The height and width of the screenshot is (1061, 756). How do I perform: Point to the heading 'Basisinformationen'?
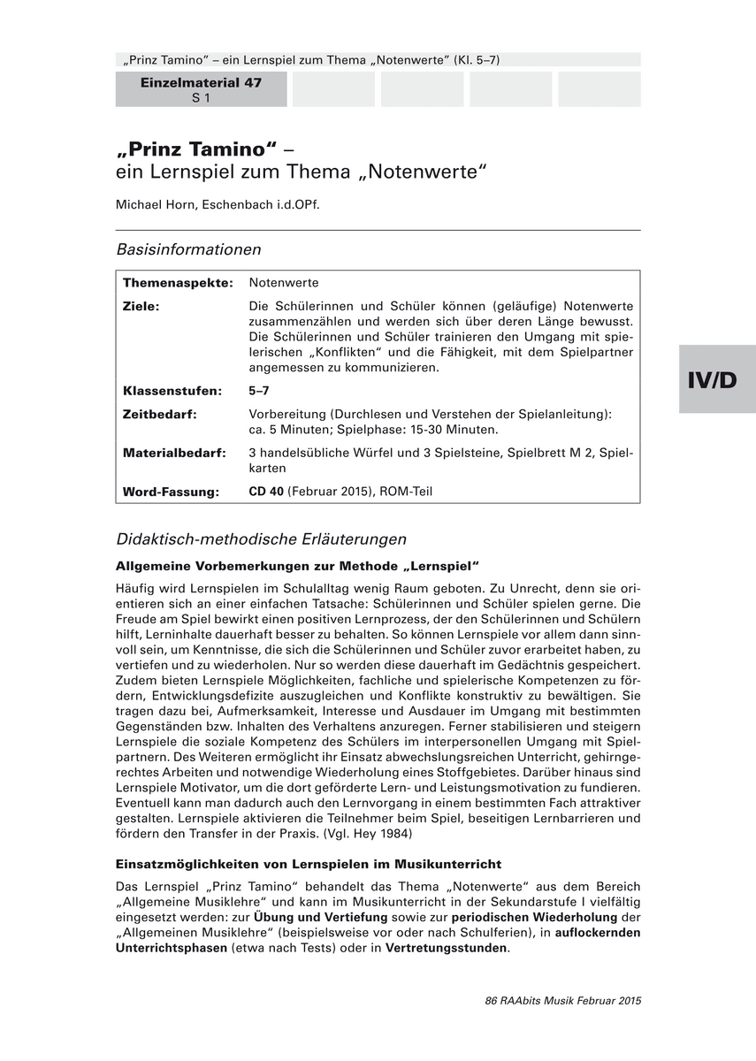pos(188,249)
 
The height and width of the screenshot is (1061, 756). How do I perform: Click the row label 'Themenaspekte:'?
pos(178,283)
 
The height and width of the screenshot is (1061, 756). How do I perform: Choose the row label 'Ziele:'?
pos(141,305)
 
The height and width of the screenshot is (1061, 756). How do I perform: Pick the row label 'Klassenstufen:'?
pos(172,390)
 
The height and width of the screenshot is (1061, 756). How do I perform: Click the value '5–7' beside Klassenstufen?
pos(259,390)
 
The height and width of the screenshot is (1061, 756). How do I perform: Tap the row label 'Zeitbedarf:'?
pos(159,413)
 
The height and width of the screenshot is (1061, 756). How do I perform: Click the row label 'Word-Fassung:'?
pos(171,492)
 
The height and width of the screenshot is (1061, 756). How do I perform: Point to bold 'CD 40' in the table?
pos(266,492)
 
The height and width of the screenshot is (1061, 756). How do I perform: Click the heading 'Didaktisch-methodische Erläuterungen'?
pos(261,538)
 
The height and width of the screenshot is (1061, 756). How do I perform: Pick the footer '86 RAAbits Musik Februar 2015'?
pos(562,1001)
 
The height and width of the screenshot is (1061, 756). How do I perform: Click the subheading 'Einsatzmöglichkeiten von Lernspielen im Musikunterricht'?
pos(309,864)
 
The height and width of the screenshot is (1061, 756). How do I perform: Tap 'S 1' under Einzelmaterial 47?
pos(201,98)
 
